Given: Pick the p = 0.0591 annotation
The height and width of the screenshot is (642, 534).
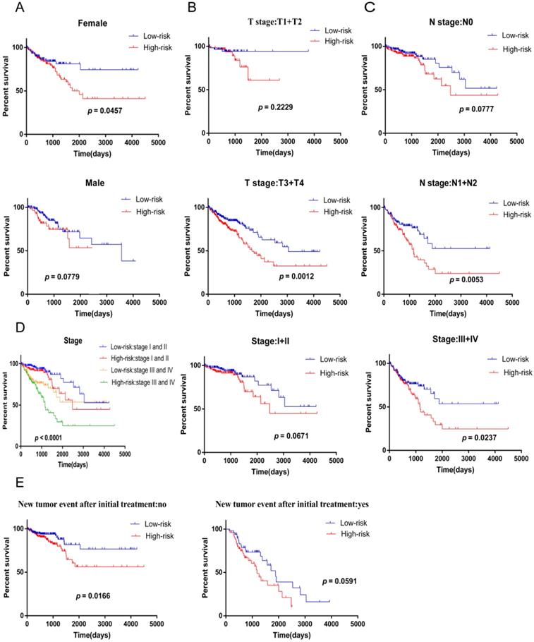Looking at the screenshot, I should click(345, 582).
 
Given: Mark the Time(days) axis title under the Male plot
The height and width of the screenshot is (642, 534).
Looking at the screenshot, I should click(87, 313).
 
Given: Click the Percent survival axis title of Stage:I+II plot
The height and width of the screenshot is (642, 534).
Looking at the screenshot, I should click(183, 406).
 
